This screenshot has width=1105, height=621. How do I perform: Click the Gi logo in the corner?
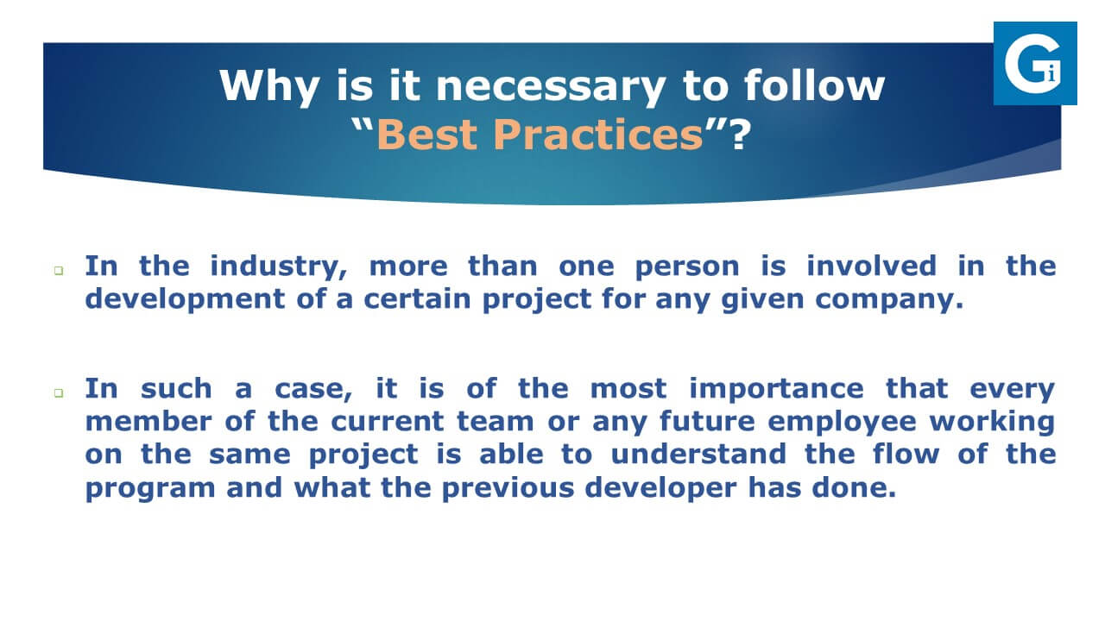click(x=1035, y=63)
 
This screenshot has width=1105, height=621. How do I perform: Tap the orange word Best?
click(x=427, y=134)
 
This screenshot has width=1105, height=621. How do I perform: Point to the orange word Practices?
click(x=598, y=134)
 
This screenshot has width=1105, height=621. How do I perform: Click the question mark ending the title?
click(x=740, y=134)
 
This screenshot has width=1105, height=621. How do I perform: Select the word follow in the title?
click(x=814, y=85)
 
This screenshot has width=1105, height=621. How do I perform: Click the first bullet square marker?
click(x=59, y=270)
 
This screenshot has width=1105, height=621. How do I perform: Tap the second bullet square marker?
click(x=59, y=392)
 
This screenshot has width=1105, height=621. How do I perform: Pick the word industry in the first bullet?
click(x=279, y=267)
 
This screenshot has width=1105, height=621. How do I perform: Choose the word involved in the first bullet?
click(x=871, y=266)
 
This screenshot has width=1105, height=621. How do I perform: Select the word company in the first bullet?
click(x=889, y=300)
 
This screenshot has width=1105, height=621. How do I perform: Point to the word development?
click(x=185, y=299)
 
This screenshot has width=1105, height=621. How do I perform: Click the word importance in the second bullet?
click(x=776, y=389)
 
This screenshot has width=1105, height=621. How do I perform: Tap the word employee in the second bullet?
click(x=842, y=423)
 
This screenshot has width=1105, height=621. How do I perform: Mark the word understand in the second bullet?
click(x=698, y=454)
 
